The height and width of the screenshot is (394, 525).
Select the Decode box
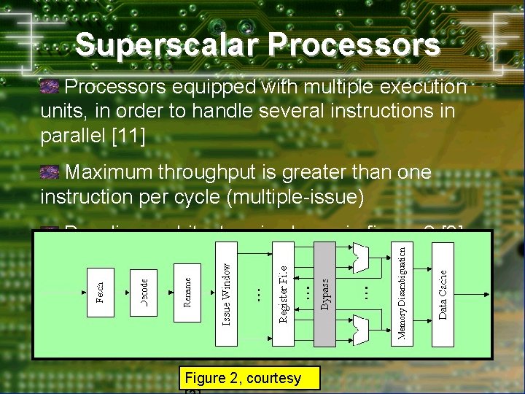(144, 293)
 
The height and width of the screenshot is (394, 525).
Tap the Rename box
(187, 291)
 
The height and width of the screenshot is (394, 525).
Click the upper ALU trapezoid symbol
(359, 255)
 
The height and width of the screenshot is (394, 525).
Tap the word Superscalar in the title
(168, 45)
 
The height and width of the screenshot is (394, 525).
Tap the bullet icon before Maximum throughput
(50, 172)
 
